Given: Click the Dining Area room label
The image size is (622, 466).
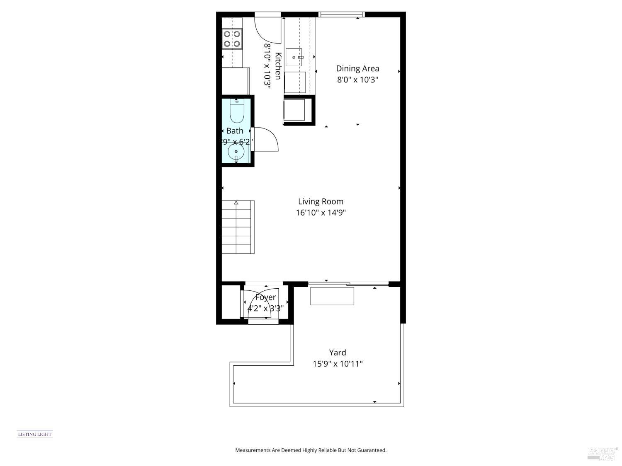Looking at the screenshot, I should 357,69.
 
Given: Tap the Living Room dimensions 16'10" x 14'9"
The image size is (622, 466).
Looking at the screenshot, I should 321,213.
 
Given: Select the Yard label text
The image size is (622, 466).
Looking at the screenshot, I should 337,353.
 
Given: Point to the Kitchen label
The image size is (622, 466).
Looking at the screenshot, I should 278,66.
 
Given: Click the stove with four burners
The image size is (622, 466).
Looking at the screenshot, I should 232,39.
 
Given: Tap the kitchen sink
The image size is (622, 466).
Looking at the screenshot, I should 294,57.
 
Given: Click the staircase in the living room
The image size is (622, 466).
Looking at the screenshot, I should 238,227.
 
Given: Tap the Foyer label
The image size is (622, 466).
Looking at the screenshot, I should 265,297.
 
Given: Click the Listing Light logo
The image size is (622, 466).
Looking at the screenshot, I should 35,434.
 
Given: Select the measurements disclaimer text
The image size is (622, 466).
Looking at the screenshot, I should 311,450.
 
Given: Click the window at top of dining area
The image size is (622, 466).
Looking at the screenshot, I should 341,14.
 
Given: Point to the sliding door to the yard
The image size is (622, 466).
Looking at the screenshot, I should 348,284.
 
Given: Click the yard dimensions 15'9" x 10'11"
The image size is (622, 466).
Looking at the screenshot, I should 338,364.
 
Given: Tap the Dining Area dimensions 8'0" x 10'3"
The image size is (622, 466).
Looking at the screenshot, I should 357,80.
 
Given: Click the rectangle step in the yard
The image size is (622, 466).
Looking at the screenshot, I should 332,296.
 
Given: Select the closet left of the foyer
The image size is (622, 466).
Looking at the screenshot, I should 231,301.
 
